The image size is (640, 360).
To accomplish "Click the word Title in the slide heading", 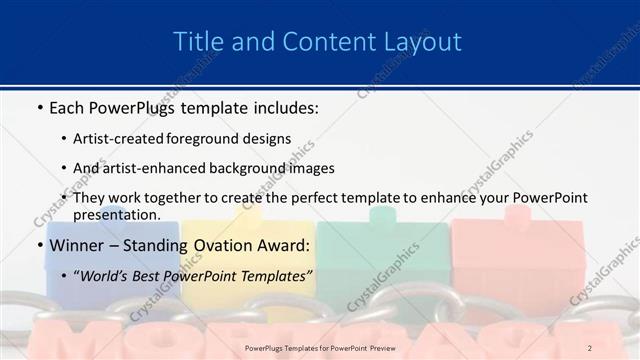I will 197,42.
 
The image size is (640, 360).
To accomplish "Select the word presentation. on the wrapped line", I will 116,214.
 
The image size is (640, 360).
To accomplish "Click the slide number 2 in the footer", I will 590,348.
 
